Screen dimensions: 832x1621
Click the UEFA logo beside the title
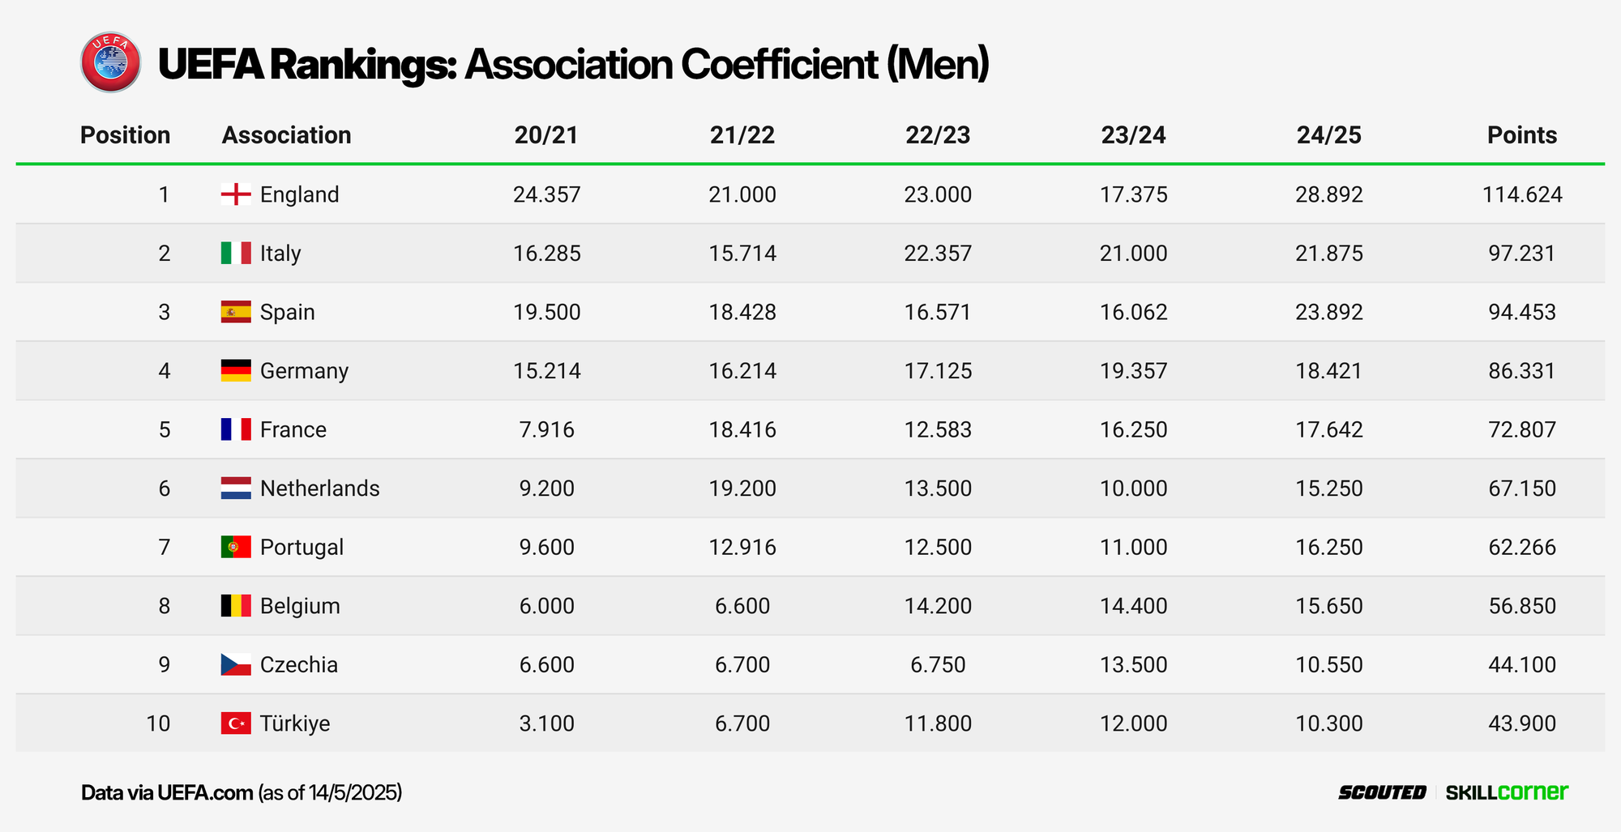(x=111, y=62)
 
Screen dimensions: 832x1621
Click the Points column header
(x=1521, y=134)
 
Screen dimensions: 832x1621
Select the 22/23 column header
(x=938, y=134)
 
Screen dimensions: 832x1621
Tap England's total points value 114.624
(x=1521, y=194)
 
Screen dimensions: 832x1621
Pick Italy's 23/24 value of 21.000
(x=1133, y=254)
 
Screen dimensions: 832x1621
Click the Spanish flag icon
(x=236, y=312)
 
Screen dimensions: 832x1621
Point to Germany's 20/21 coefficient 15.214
(x=546, y=371)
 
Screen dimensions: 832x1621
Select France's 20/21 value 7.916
(x=546, y=429)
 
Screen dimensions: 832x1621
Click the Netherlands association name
(x=319, y=489)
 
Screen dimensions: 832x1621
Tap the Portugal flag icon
(x=236, y=547)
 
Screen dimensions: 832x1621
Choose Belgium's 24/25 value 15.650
(x=1328, y=606)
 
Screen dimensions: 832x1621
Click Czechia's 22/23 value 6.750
(x=938, y=665)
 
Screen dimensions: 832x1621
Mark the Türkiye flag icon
(x=236, y=723)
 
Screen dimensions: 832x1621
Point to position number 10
(x=158, y=723)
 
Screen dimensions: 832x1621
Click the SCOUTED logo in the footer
(x=1382, y=792)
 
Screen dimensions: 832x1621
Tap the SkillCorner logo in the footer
(x=1507, y=792)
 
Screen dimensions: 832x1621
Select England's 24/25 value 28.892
(x=1328, y=194)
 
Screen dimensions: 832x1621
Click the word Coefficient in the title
(x=779, y=64)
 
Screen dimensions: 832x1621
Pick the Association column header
(x=286, y=134)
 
